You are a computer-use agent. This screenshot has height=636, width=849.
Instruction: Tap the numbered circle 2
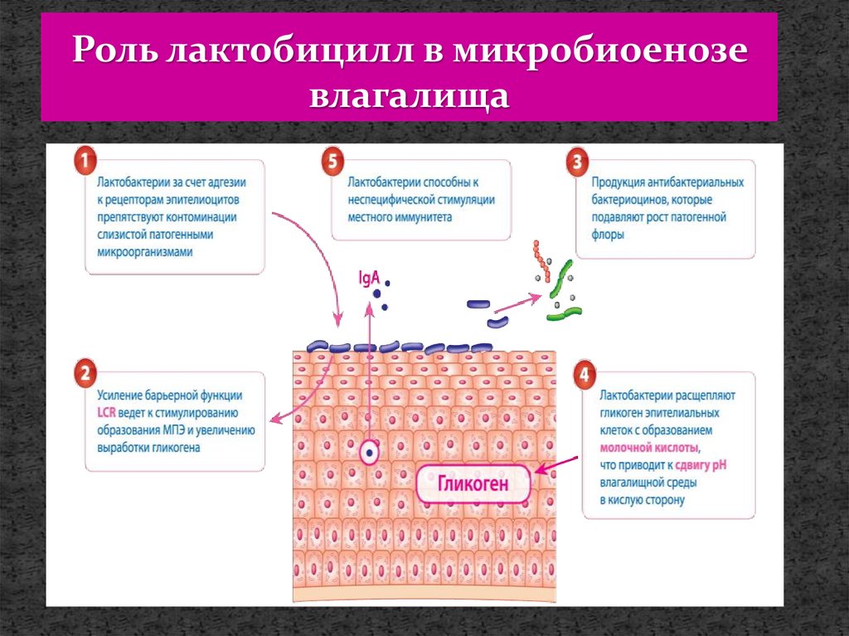84,373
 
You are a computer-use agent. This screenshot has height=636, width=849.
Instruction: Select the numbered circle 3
577,163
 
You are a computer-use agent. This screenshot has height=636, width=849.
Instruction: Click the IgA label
369,278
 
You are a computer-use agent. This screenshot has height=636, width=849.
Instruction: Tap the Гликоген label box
473,483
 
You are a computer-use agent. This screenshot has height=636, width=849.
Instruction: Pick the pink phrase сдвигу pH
701,465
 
